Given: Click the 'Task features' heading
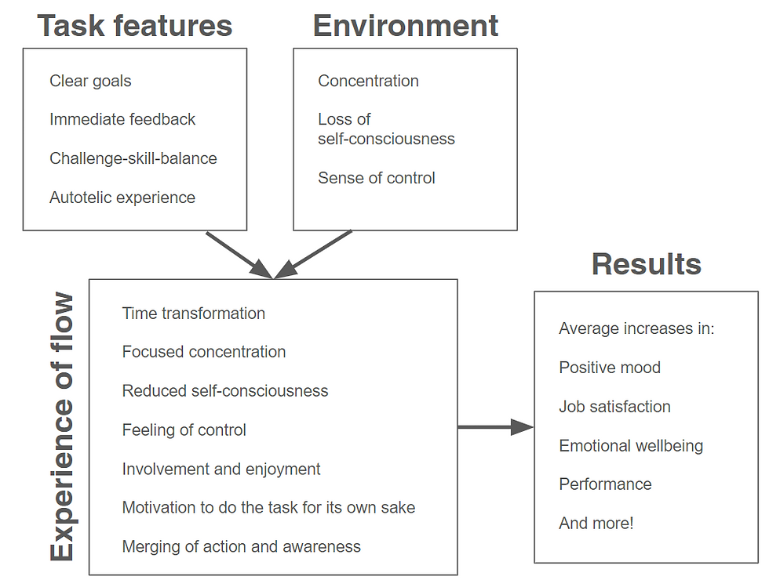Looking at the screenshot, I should [x=135, y=26].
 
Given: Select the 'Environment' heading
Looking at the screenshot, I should [x=405, y=26].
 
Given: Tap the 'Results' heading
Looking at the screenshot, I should [x=646, y=264].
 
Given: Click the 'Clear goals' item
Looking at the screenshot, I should [x=90, y=81].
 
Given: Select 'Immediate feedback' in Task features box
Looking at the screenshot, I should [x=122, y=119].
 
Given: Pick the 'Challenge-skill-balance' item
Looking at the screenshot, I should [x=133, y=158].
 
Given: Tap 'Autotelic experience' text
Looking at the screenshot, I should [x=122, y=198].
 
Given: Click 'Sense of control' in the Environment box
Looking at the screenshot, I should [x=376, y=178].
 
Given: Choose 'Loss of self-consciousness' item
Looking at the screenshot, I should [x=385, y=129].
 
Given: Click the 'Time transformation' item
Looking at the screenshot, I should [x=193, y=314].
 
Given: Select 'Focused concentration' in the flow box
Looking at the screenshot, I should [x=203, y=352].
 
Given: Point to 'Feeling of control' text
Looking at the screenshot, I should [x=184, y=430].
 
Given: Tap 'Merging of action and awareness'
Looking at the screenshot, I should [x=241, y=547].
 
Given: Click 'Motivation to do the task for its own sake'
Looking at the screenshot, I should [x=268, y=508].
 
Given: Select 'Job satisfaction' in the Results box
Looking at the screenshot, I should [x=614, y=407].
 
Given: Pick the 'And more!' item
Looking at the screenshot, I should [x=596, y=524].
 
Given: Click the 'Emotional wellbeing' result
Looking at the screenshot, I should [x=630, y=446].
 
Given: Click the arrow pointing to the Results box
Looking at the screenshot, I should [x=496, y=427].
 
